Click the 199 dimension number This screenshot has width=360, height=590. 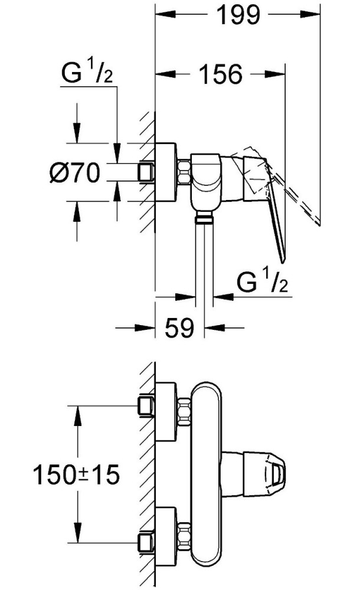click(x=239, y=15)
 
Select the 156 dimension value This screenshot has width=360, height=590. click(x=220, y=74)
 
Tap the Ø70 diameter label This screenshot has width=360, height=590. click(x=76, y=173)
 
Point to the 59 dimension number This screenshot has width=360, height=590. click(x=179, y=327)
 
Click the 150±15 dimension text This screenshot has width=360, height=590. click(x=76, y=474)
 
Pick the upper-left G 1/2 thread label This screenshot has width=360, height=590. click(x=87, y=73)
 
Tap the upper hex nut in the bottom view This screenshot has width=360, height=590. click(x=184, y=412)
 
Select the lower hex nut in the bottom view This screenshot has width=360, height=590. click(x=184, y=536)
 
